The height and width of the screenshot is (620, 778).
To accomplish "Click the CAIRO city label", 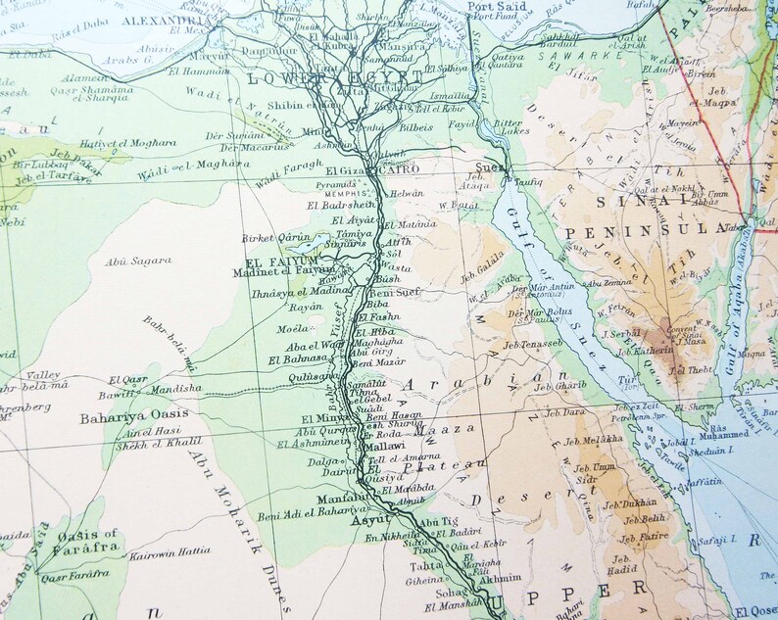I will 398,169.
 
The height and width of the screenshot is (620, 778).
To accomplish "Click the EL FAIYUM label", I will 268,261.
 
